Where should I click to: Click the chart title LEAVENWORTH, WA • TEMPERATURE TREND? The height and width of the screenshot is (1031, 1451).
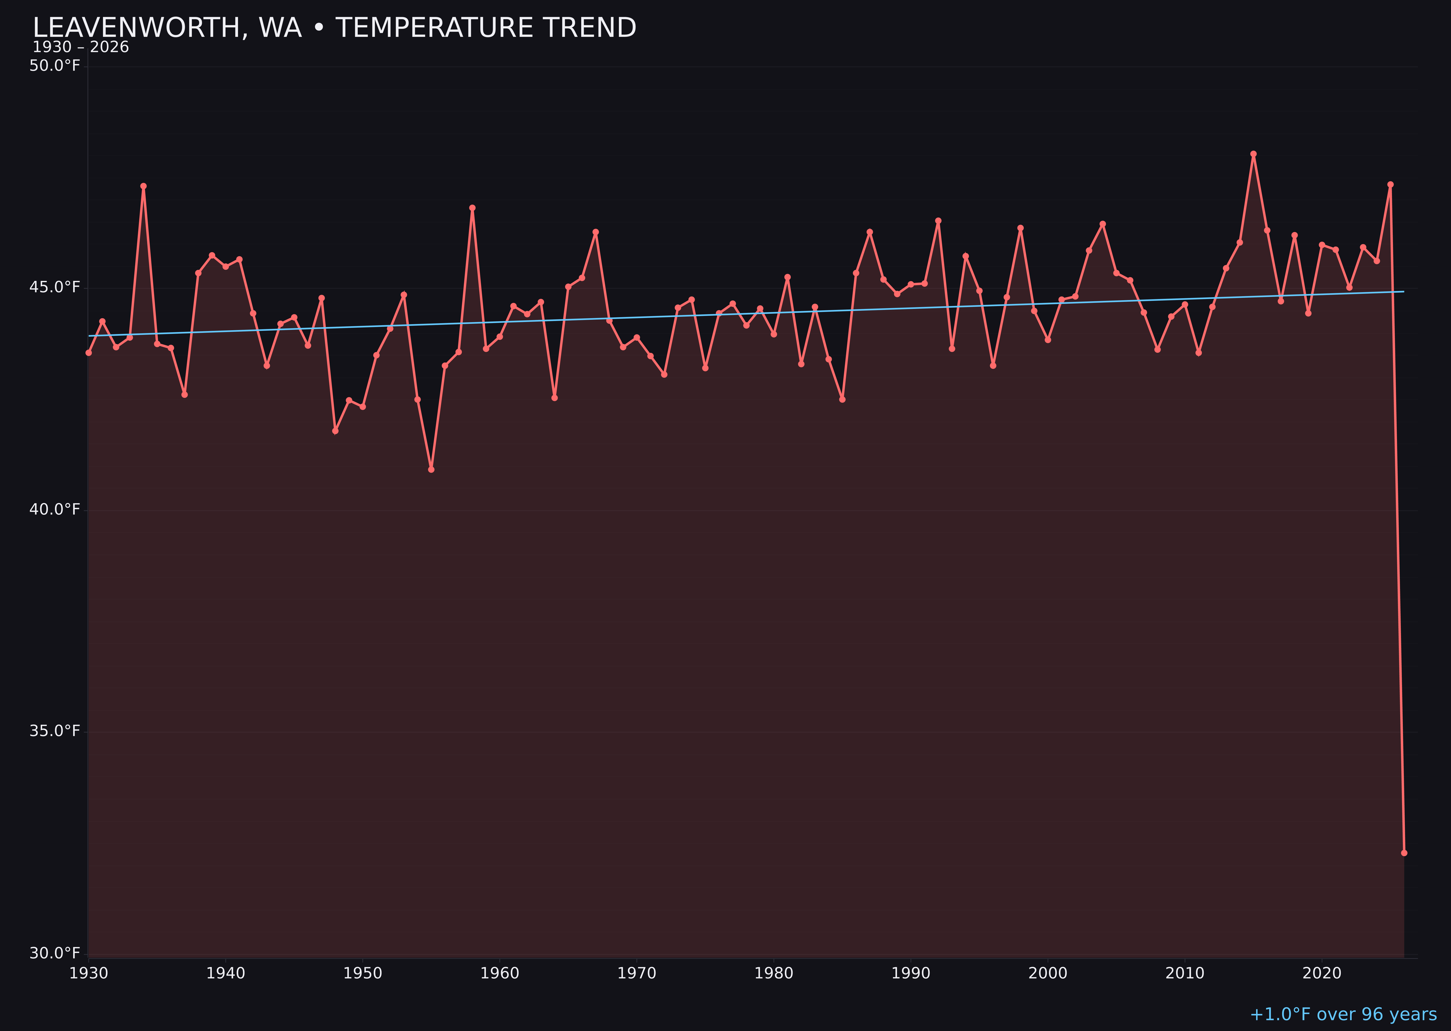334,28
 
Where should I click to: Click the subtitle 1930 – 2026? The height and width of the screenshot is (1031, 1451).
81,47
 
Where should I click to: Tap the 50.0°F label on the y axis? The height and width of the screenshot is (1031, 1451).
55,66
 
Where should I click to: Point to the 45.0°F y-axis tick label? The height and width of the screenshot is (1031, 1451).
55,287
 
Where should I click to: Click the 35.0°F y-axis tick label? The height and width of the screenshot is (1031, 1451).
55,731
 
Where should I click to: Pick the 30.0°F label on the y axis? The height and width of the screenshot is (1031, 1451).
55,953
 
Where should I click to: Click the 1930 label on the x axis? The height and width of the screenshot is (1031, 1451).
89,973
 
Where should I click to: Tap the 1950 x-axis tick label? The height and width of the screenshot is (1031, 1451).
363,973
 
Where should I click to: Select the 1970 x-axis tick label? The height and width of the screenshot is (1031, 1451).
637,973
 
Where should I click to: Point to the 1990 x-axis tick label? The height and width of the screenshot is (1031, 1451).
911,973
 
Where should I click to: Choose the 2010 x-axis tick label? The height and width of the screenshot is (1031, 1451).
1185,973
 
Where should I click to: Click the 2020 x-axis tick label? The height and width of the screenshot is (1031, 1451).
1322,973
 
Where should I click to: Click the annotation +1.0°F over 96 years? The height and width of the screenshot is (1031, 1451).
1343,1014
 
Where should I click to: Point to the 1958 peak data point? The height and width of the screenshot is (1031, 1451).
472,208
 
